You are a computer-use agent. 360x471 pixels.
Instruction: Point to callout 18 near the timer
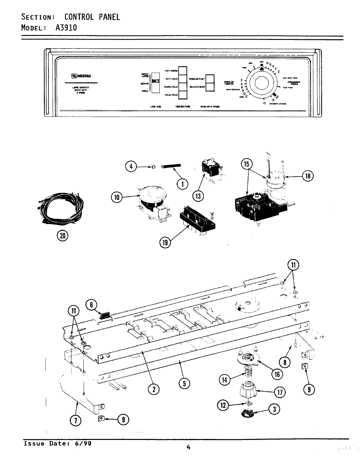point(307,176)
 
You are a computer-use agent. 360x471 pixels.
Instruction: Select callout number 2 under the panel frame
point(154,389)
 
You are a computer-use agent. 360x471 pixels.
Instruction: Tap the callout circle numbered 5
point(184,383)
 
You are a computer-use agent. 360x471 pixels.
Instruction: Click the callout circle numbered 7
point(76,421)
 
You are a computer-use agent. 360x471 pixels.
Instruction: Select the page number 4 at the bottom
point(188,448)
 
